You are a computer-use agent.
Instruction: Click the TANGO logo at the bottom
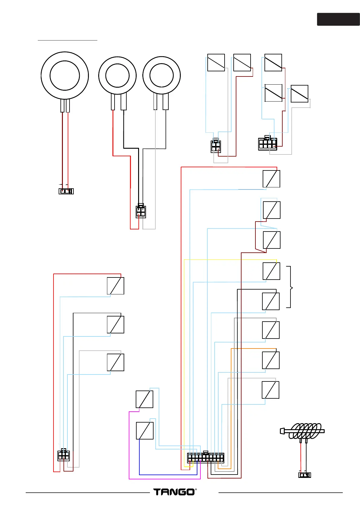pos(175,492)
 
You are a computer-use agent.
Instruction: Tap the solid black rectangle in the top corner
pos(338,19)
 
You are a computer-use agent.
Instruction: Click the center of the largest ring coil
pos(65,76)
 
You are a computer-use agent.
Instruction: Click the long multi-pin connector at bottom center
pos(206,458)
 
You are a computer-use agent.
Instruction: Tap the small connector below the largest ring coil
pos(66,191)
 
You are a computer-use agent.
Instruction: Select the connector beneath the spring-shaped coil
pos(304,475)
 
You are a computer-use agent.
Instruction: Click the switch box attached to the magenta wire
pos(144,399)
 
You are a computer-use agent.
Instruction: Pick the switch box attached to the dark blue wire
pos(145,431)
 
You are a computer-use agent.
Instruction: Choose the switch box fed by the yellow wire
pos(271,271)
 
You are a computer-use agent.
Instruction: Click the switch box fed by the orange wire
pos(271,360)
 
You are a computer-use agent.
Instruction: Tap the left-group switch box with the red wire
pos(115,286)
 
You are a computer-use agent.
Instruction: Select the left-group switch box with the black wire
pos(115,324)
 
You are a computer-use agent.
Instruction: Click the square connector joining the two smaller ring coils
pos(141,211)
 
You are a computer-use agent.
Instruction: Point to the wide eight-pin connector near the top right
pos(268,144)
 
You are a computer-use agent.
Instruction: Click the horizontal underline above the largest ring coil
pos(67,40)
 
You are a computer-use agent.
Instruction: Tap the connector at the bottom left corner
pos(63,455)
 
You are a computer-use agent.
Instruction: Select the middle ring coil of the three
pos(117,75)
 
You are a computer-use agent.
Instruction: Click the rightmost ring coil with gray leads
pos(161,75)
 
